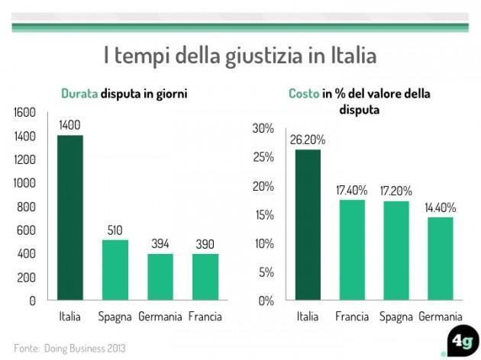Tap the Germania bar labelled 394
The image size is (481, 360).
coord(160,277)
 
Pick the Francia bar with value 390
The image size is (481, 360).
coord(205,277)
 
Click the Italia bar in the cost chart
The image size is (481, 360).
coord(308,225)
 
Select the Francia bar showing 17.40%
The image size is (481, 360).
coord(351,250)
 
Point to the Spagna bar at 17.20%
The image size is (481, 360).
coord(395,251)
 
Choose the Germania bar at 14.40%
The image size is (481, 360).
coord(440,259)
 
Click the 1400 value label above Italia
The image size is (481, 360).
coord(70,125)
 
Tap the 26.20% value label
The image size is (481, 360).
coord(308,140)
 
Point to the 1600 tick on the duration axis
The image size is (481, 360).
coord(25,113)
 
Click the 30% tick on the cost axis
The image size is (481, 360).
coord(263,128)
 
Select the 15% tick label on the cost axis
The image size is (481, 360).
coord(263,215)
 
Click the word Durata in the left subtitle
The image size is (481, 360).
coord(79,94)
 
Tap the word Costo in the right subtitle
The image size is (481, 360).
coord(303,94)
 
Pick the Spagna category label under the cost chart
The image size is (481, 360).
coord(395,317)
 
